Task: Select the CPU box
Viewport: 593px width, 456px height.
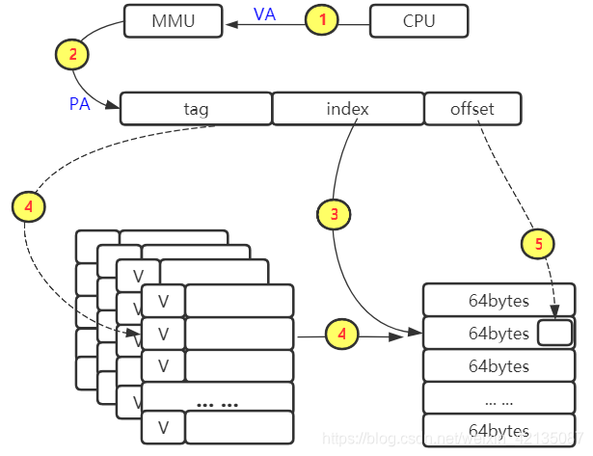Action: (x=419, y=20)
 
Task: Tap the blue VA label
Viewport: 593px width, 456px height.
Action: (x=264, y=14)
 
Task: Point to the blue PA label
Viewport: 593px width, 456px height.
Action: (x=80, y=103)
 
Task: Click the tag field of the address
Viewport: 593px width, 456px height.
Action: (x=195, y=109)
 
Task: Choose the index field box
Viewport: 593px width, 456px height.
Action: (x=347, y=109)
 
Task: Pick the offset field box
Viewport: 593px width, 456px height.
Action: (x=472, y=109)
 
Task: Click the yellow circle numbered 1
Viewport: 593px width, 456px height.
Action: (x=323, y=20)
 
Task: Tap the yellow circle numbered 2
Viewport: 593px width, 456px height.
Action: (x=72, y=53)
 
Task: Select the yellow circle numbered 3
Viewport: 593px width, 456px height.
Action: (x=334, y=214)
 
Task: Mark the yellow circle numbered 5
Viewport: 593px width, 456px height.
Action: (x=538, y=243)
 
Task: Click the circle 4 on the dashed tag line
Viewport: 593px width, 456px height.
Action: (x=29, y=205)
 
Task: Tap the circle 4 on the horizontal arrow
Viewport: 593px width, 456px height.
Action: (x=340, y=335)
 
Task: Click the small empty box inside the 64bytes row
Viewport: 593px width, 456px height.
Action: (x=554, y=334)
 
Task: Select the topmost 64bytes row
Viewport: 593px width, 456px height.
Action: (x=499, y=301)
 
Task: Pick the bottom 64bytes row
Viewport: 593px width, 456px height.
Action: (x=499, y=430)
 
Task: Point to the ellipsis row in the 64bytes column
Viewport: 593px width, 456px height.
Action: (x=499, y=398)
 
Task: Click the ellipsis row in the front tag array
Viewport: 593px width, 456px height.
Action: (x=217, y=397)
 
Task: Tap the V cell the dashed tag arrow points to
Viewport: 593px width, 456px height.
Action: (x=163, y=334)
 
